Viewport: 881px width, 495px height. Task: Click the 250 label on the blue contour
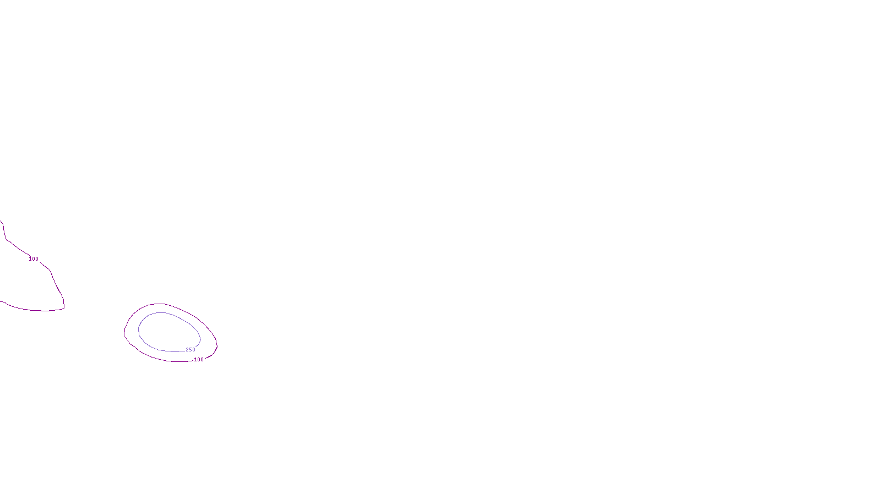click(x=191, y=350)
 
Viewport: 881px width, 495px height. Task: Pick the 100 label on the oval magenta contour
click(x=199, y=360)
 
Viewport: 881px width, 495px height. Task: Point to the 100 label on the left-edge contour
click(x=34, y=259)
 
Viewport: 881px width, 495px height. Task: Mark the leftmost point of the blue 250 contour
click(x=138, y=330)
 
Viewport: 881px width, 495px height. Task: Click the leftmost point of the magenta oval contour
click(x=124, y=332)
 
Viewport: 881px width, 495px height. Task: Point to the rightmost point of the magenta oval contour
click(x=217, y=345)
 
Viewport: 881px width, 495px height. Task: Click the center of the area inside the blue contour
click(x=168, y=332)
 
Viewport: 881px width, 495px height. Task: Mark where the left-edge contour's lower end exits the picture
click(x=1, y=301)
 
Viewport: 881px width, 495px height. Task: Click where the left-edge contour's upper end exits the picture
click(x=1, y=221)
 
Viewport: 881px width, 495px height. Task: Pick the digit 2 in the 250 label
click(x=187, y=350)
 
